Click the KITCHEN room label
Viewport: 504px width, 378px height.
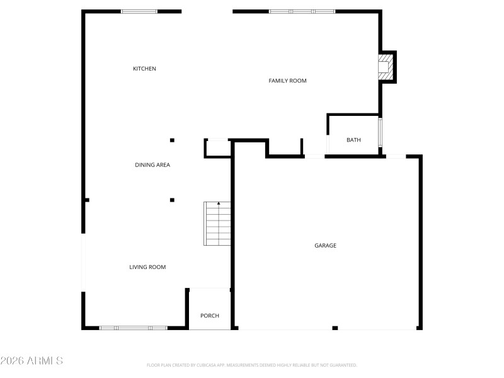tap(144, 69)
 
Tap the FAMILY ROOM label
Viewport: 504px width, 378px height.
tap(287, 81)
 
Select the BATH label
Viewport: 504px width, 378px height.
tap(353, 140)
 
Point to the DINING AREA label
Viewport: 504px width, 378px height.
tap(152, 165)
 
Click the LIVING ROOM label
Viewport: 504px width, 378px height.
tap(147, 267)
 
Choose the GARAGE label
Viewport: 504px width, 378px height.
tap(326, 246)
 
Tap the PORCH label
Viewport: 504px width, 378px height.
tap(210, 316)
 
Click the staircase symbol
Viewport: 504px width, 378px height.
tap(217, 224)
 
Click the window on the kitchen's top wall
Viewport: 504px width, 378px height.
tap(139, 11)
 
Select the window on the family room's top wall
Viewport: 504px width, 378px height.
tap(302, 11)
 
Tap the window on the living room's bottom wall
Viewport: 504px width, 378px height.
tap(134, 328)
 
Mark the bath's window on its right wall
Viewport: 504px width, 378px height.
tap(380, 132)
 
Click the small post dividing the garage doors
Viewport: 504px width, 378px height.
tap(335, 328)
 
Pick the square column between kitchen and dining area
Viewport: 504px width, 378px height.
tap(172, 140)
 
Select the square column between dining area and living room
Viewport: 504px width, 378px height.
tap(172, 200)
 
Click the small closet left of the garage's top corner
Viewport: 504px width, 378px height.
tap(217, 148)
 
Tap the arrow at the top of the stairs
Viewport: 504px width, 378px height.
tap(219, 203)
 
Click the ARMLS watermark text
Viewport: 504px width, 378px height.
tap(31, 361)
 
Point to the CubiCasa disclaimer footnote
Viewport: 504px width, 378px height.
tap(252, 365)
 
